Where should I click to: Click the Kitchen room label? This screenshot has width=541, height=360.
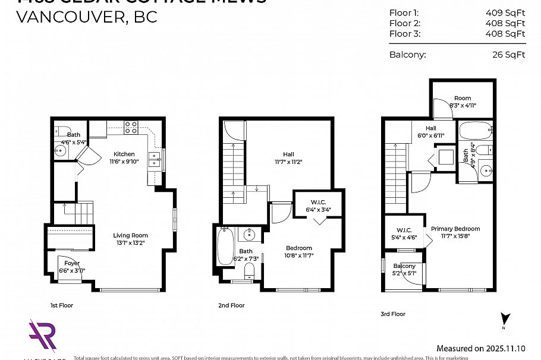pos(124,154)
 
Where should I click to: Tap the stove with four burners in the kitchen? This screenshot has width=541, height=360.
pos(131,127)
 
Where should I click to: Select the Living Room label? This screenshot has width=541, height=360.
pos(130,235)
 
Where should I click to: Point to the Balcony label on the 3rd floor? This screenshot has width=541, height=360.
pos(404,266)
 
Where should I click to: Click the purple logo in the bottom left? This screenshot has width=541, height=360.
pos(42,337)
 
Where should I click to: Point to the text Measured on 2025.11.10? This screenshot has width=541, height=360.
pos(482,349)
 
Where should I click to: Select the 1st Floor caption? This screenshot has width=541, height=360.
pos(61,305)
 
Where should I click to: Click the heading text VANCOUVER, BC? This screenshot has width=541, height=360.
pos(87,16)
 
